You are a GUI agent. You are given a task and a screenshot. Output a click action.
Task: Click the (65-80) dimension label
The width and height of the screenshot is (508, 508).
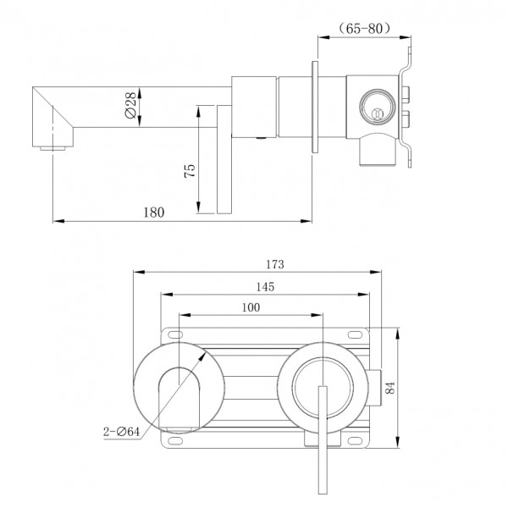click(x=364, y=29)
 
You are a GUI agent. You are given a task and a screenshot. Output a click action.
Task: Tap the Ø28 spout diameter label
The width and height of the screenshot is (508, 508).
click(x=130, y=105)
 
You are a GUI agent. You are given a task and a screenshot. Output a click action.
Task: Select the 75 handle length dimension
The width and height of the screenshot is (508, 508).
click(x=190, y=170)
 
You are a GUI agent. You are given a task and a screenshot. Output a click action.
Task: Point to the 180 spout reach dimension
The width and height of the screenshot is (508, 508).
click(x=154, y=213)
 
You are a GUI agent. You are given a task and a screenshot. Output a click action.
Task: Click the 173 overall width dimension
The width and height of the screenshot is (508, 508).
click(x=275, y=265)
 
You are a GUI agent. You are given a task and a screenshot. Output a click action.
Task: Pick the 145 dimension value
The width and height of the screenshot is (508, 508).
click(x=265, y=287)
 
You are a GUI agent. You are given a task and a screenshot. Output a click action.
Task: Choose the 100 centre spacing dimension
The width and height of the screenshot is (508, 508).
click(x=251, y=307)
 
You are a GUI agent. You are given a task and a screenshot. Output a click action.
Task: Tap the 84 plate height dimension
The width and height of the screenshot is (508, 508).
click(x=390, y=388)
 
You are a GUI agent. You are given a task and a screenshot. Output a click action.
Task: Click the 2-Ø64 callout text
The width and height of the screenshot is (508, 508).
click(x=121, y=432)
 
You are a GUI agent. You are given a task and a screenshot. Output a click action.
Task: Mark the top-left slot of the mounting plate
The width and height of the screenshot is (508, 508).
click(x=175, y=334)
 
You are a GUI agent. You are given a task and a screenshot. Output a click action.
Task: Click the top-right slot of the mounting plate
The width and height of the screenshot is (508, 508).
click(x=355, y=334)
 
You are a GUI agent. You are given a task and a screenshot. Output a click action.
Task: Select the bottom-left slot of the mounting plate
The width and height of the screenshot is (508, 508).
click(x=175, y=440)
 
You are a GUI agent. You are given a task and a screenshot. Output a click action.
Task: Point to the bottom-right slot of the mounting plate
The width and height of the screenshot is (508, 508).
click(x=355, y=440)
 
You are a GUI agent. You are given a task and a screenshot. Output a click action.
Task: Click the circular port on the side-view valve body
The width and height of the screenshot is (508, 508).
click(x=377, y=107)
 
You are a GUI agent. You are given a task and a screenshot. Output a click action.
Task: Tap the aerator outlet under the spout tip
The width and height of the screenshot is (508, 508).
click(x=52, y=149)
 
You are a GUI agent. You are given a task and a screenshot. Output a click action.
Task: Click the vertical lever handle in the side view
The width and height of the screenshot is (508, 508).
click(x=224, y=159)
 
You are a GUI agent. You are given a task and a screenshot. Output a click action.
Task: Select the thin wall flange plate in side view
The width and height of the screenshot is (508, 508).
click(x=315, y=107)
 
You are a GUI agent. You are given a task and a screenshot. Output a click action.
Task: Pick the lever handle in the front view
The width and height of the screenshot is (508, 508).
click(x=323, y=439)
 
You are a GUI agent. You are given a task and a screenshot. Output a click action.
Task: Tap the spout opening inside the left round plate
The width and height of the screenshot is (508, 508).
click(x=179, y=400)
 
